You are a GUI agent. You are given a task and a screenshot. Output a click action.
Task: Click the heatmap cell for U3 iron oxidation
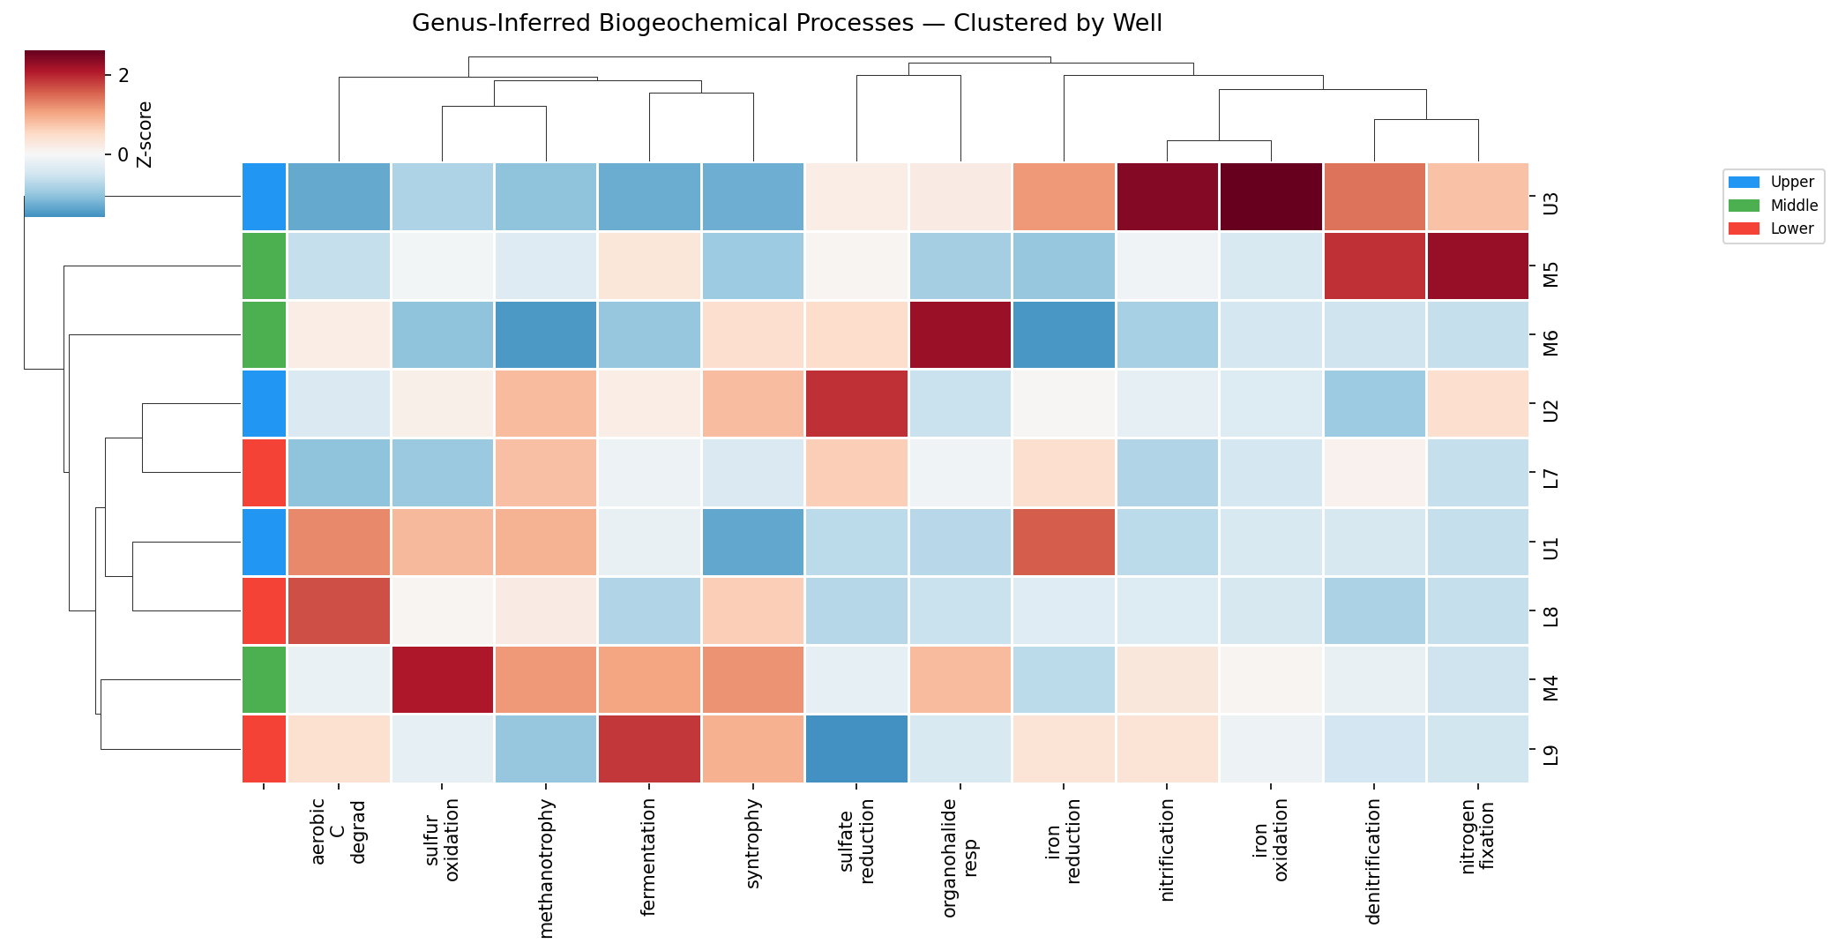coord(1270,197)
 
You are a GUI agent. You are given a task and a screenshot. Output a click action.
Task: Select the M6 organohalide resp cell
coord(960,334)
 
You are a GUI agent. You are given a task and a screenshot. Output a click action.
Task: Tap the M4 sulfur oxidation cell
coord(442,679)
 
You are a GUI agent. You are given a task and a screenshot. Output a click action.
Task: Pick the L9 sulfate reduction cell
coord(856,748)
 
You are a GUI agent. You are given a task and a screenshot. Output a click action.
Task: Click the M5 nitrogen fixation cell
coord(1477,266)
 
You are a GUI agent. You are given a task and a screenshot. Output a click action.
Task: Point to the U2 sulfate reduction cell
coord(856,403)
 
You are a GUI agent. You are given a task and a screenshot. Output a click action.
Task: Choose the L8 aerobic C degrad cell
coord(339,610)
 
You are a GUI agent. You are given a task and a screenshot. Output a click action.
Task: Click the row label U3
coord(1550,204)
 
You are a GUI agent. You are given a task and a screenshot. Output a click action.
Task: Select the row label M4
coord(1550,687)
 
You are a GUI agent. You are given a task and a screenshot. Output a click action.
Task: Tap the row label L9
coord(1550,755)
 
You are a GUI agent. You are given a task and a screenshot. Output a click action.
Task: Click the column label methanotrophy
coord(546,868)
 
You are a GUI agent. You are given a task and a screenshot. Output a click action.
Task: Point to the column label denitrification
coord(1373,861)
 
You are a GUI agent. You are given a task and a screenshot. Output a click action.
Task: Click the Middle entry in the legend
coord(1794,206)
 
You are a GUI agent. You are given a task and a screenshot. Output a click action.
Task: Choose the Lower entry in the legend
coord(1792,228)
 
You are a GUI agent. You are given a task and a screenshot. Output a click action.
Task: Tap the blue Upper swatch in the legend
coord(1743,182)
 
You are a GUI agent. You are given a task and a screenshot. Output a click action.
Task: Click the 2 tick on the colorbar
coord(123,76)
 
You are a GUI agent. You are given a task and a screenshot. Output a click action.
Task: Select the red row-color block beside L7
coord(264,472)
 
